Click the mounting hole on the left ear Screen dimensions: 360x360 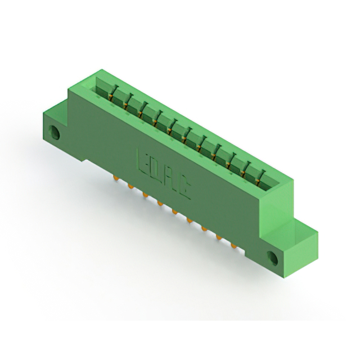pos(54,133)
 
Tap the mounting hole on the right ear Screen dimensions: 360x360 pos(272,258)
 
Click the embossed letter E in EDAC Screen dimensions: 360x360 pos(142,163)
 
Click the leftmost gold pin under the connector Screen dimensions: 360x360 pos(115,178)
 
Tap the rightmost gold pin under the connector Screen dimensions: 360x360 pos(233,246)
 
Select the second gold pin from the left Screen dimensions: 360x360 pos(130,186)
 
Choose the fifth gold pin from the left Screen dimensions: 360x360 pos(175,211)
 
